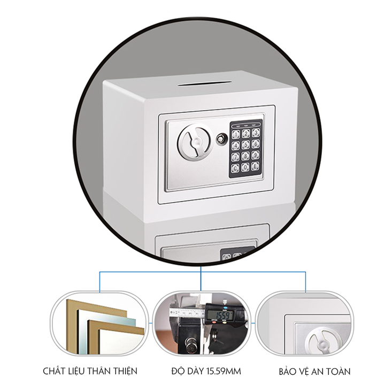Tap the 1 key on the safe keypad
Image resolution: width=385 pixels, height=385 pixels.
[236, 135]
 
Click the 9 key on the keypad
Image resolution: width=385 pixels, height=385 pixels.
[256, 155]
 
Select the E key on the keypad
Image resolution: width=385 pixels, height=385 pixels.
[256, 166]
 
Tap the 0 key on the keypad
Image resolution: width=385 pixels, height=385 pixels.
[246, 167]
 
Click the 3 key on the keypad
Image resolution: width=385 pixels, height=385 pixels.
[256, 133]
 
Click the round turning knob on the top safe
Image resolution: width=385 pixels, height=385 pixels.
[196, 143]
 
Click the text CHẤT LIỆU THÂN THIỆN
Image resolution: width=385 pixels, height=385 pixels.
[90, 371]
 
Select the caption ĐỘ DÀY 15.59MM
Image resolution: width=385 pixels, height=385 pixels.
[206, 371]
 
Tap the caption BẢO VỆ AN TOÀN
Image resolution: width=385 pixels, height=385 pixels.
[314, 371]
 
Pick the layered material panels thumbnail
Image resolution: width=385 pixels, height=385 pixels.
[99, 323]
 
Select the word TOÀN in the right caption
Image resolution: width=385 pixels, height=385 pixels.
[338, 371]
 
